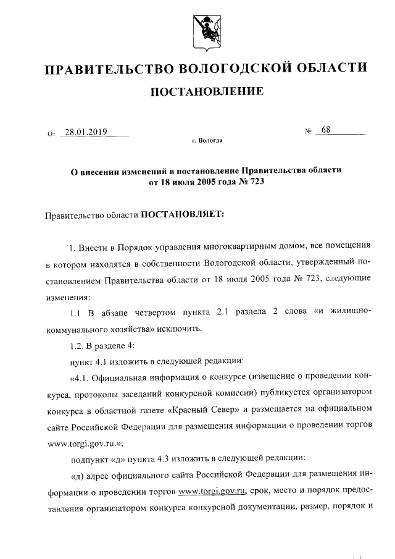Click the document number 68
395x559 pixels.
tap(326, 130)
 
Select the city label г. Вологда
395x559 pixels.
tap(207, 141)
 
